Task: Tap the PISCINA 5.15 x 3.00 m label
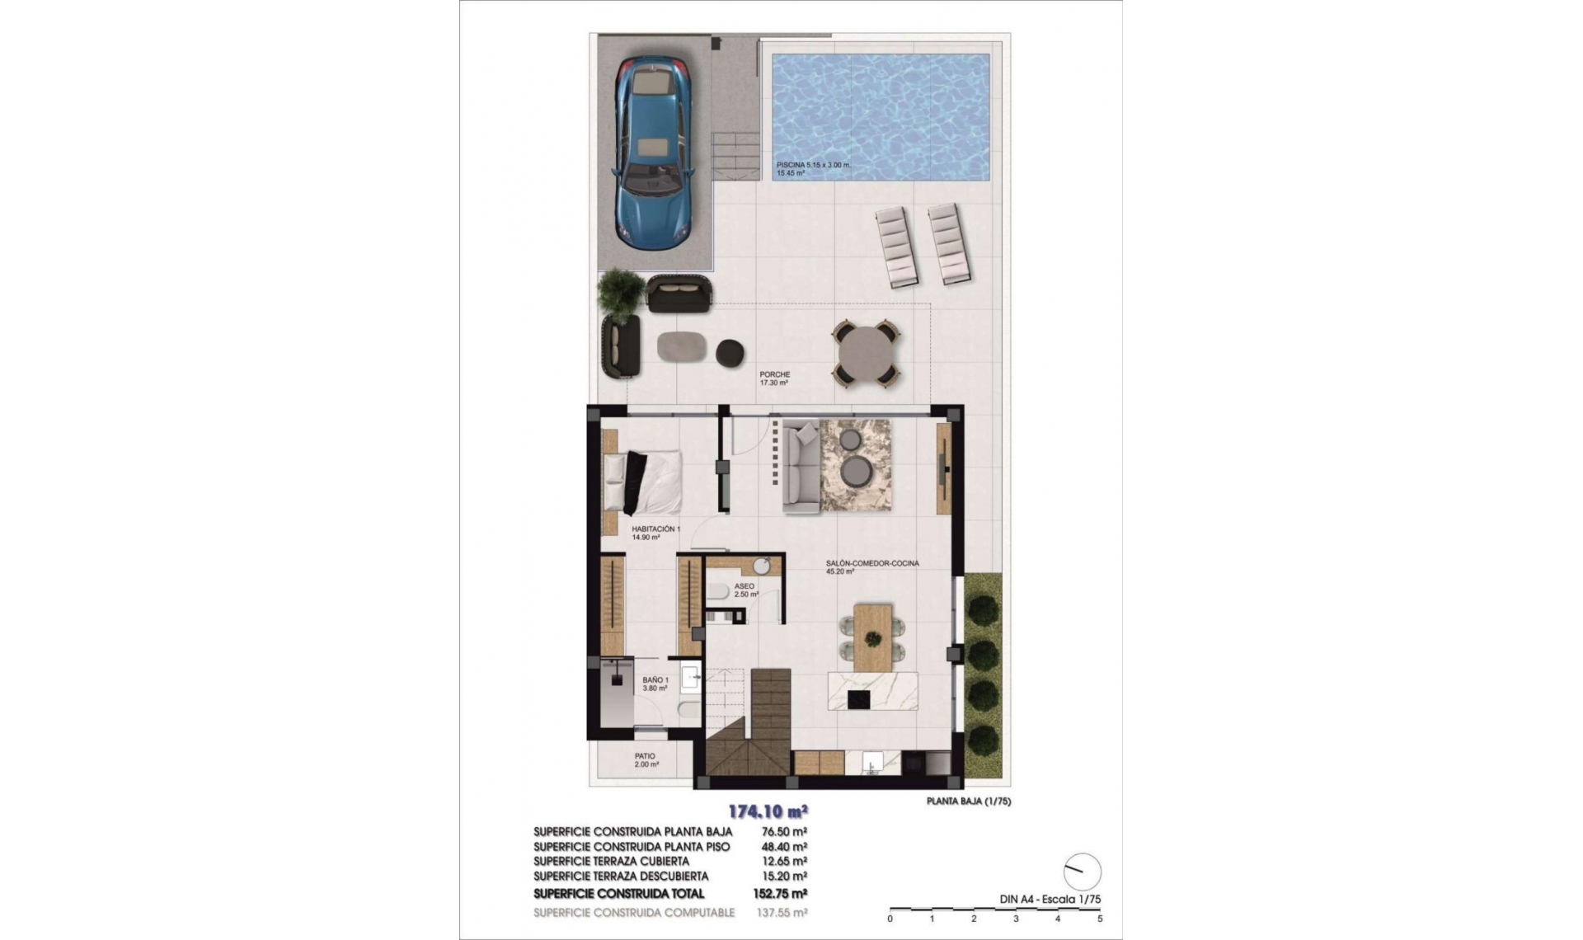click(x=812, y=166)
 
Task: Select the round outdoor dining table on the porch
click(x=865, y=353)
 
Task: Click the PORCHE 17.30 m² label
click(x=774, y=378)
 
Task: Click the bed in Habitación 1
click(x=643, y=482)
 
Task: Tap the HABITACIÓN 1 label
click(x=655, y=529)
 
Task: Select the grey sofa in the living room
click(x=800, y=466)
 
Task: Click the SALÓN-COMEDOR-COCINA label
click(x=871, y=564)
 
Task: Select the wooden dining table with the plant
click(x=872, y=637)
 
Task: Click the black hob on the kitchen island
click(x=858, y=699)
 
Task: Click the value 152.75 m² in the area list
click(x=779, y=893)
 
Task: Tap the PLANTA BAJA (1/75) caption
click(x=968, y=801)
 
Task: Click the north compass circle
click(x=1082, y=872)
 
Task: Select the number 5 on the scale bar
click(x=1100, y=919)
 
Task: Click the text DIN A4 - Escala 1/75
click(x=1050, y=900)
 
